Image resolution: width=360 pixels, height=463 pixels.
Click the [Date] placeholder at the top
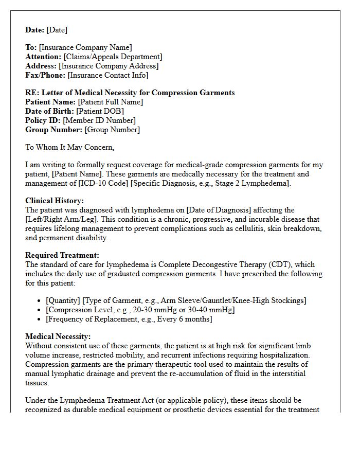point(57,30)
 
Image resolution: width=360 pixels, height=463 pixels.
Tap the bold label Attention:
point(43,57)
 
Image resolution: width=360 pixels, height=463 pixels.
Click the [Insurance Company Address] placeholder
point(109,66)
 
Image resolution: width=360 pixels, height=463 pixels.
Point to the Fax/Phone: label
point(45,75)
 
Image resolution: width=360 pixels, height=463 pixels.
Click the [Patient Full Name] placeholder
point(111,102)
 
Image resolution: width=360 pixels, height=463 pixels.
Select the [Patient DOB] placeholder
point(100,111)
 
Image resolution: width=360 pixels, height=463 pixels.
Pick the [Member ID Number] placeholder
point(99,120)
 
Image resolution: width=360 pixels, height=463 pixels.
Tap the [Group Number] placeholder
point(112,130)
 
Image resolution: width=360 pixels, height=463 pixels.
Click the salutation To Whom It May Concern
point(69,147)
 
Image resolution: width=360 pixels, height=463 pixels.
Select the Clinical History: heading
point(55,201)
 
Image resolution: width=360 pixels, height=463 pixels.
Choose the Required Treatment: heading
point(62,255)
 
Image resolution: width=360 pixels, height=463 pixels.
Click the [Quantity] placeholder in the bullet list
point(63,300)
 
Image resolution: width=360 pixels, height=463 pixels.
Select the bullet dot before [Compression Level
point(41,310)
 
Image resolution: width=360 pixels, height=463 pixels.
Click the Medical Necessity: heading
point(58,336)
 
